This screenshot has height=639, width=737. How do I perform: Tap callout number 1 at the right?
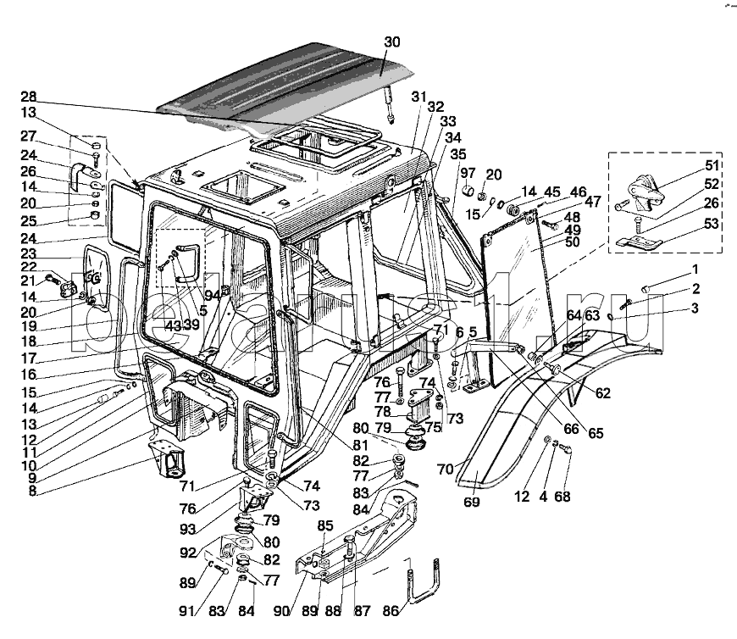pyautogui.click(x=695, y=269)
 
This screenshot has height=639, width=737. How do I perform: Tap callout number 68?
pyautogui.click(x=563, y=497)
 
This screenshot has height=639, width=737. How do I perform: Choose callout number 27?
pyautogui.click(x=30, y=137)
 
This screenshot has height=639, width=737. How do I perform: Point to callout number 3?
pyautogui.click(x=695, y=308)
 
